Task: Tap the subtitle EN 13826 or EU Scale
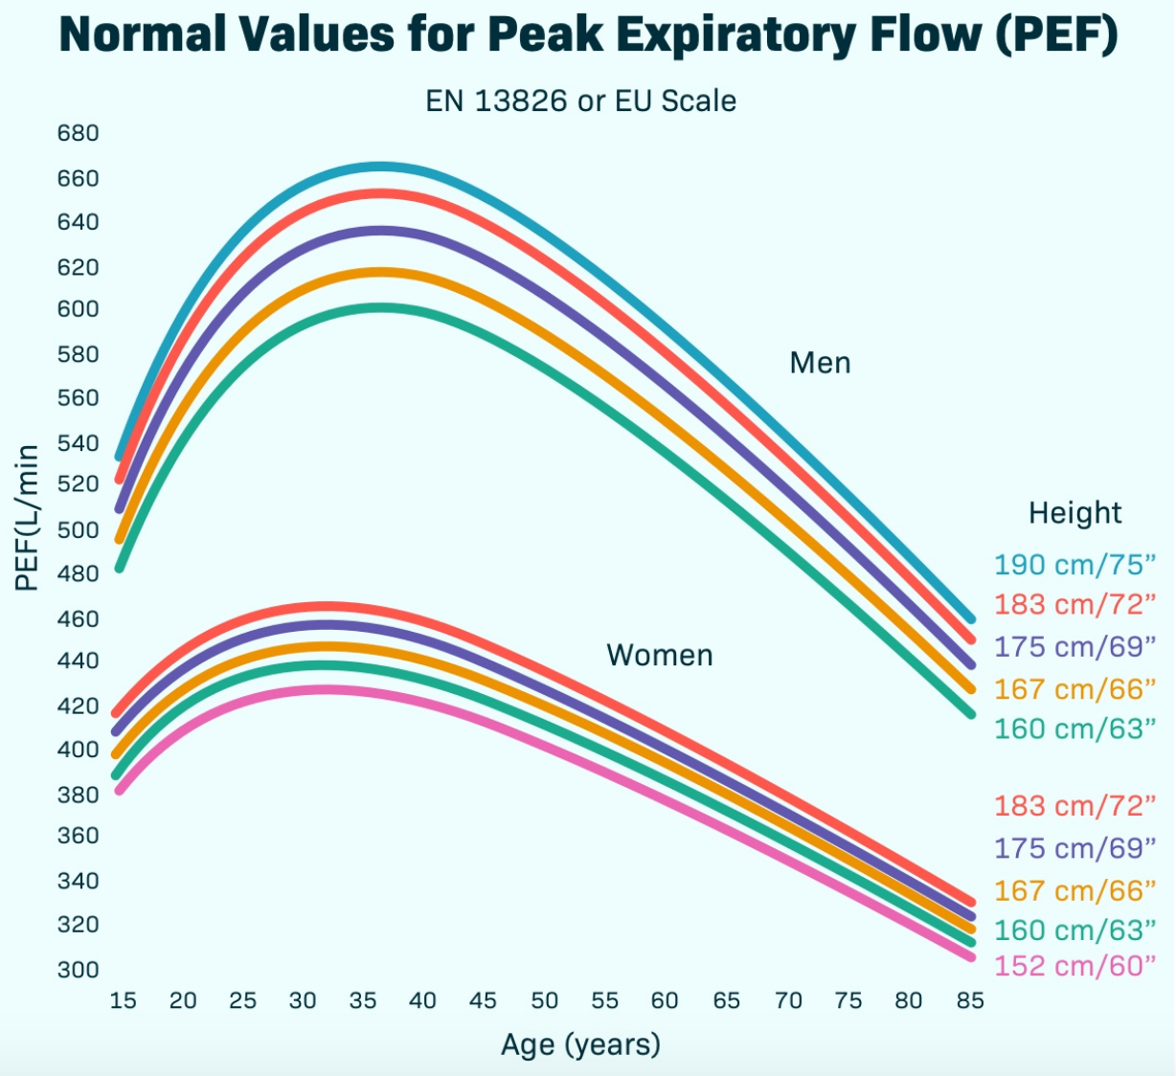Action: pyautogui.click(x=580, y=101)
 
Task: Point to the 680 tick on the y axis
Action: pyautogui.click(x=79, y=133)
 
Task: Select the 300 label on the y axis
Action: pyautogui.click(x=79, y=970)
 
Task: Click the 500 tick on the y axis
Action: pyautogui.click(x=79, y=529)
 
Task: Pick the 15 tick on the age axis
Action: pyautogui.click(x=123, y=1001)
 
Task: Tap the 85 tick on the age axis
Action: pyautogui.click(x=970, y=1001)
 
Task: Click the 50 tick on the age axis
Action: pyautogui.click(x=544, y=1001)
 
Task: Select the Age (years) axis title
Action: pyautogui.click(x=580, y=1044)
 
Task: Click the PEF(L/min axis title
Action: pyautogui.click(x=28, y=518)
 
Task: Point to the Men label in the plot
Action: pyautogui.click(x=820, y=363)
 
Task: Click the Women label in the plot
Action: pyautogui.click(x=660, y=656)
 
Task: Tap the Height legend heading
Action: pyautogui.click(x=1074, y=513)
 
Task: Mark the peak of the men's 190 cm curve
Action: pyautogui.click(x=380, y=168)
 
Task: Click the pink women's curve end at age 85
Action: pyautogui.click(x=970, y=955)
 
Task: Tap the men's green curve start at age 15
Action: pyautogui.click(x=120, y=567)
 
